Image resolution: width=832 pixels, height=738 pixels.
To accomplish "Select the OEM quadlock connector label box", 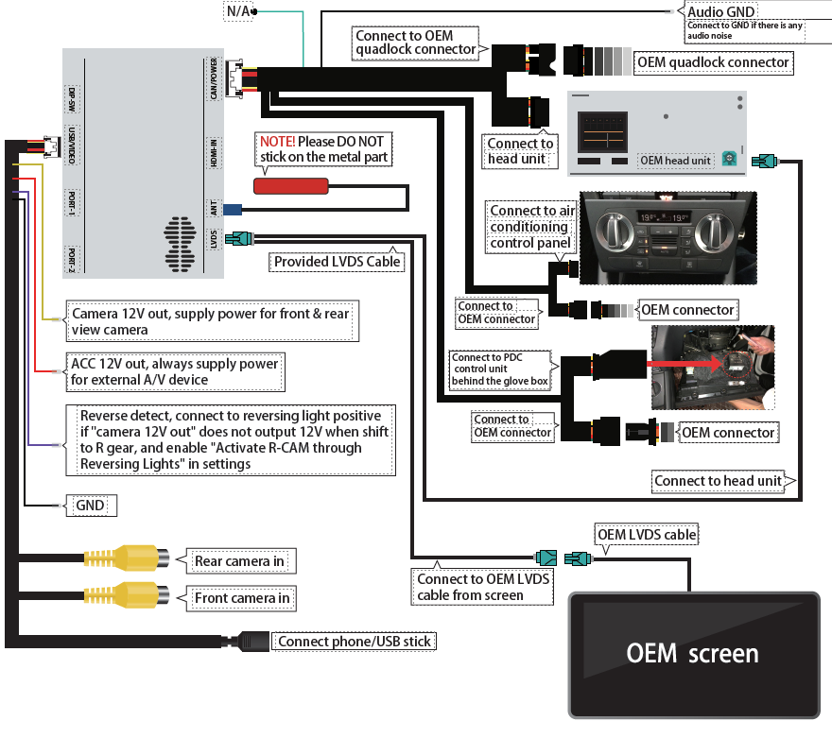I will point(714,62).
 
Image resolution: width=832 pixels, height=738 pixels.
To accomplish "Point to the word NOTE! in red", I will point(277,141).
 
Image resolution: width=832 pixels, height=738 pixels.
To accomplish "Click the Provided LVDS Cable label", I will point(338,262).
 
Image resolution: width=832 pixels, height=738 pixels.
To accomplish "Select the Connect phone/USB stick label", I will point(355,642).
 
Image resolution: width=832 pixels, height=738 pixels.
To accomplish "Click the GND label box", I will point(89,506).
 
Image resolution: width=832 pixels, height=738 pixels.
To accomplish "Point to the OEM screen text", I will point(692,653).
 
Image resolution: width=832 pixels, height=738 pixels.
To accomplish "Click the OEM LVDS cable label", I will point(646,535).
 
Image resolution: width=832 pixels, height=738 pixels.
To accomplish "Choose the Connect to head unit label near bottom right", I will point(719,481).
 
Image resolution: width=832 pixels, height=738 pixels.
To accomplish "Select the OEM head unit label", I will point(675,161).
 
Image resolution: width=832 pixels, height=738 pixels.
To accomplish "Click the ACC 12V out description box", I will point(175,371).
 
